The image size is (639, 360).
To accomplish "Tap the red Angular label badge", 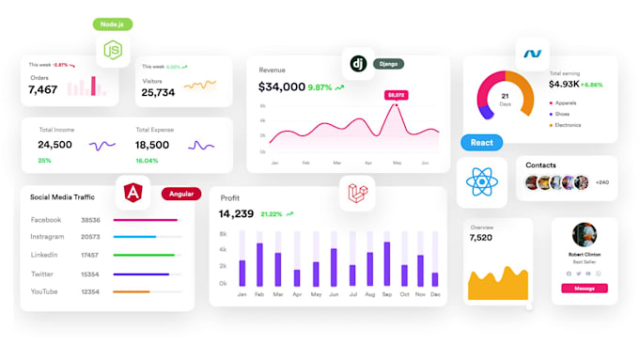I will point(181,195).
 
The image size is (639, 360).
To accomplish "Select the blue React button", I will point(481,143).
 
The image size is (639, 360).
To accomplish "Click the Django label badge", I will point(388,64).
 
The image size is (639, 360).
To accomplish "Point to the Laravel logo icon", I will point(357,193).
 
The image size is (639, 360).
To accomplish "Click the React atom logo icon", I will point(481,182).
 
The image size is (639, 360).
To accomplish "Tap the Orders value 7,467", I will point(43,90).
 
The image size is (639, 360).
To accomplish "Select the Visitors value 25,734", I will point(158,93).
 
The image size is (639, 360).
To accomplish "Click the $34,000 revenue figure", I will point(282,87).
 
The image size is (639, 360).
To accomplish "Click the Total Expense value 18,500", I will point(152,145).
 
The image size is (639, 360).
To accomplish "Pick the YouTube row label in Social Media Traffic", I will point(45,291).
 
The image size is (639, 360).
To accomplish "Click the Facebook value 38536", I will point(91,220).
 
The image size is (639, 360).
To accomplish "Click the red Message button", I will point(584,288).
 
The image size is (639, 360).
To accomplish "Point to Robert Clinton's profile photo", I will point(584,235).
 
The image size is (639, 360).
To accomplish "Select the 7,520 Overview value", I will point(480,238).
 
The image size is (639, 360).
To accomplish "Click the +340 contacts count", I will point(602,182).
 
